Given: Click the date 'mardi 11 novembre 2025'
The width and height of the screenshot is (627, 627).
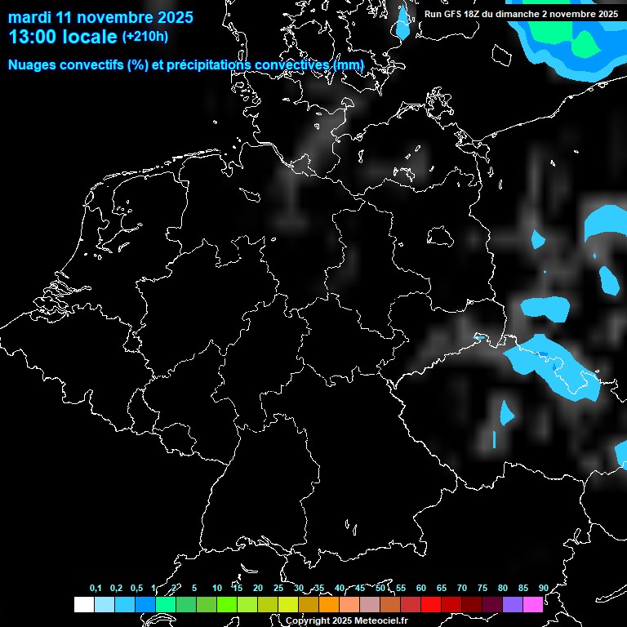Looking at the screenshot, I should pyautogui.click(x=100, y=17).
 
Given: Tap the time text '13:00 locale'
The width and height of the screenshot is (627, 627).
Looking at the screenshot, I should pyautogui.click(x=63, y=37).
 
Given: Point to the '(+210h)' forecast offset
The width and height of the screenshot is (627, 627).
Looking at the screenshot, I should pyautogui.click(x=145, y=36).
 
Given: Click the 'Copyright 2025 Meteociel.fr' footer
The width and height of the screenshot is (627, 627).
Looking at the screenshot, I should pyautogui.click(x=346, y=620).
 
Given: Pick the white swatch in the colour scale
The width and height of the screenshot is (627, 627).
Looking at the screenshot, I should pyautogui.click(x=84, y=605).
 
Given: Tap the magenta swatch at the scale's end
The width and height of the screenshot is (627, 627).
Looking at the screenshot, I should pyautogui.click(x=533, y=605).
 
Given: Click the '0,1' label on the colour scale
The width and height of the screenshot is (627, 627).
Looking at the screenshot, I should pyautogui.click(x=96, y=588).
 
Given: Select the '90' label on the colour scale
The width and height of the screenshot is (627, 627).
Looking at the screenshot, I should pyautogui.click(x=543, y=588).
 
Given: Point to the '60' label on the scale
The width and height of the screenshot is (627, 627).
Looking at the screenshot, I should pyautogui.click(x=421, y=588).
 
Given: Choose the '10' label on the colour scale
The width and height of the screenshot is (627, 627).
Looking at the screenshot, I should pyautogui.click(x=216, y=588).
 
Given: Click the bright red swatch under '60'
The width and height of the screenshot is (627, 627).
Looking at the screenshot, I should pyautogui.click(x=431, y=605).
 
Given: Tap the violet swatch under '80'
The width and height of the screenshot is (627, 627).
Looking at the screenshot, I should pyautogui.click(x=513, y=605).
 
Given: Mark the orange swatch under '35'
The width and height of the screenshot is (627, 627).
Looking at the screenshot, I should pyautogui.click(x=329, y=605).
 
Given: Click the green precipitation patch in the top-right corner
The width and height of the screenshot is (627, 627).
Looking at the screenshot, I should pyautogui.click(x=585, y=41).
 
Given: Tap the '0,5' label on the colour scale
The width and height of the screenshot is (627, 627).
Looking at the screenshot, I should pyautogui.click(x=136, y=588).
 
